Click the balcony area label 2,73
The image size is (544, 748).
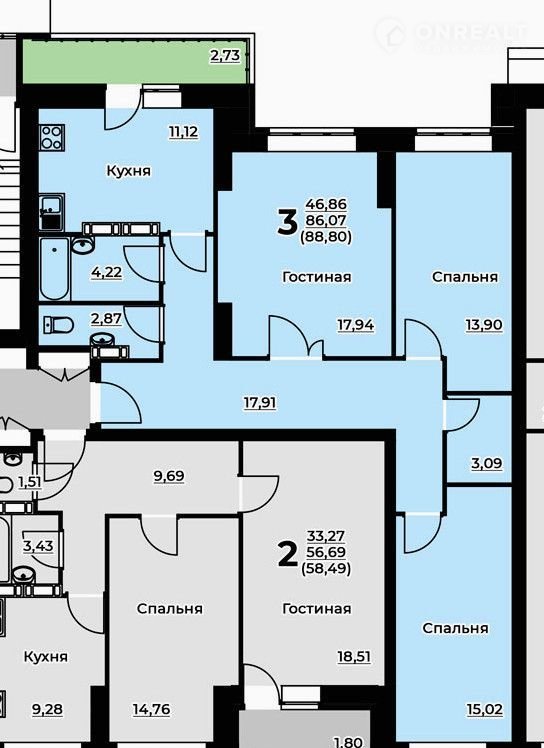point(225,56)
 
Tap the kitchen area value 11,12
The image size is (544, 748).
point(183,132)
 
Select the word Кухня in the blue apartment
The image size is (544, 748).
point(128,171)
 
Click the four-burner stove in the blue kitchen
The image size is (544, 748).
point(51,137)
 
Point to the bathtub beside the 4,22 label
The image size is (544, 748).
point(55,269)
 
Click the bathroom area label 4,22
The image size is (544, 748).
point(107,273)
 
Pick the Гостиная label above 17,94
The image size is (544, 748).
point(317,277)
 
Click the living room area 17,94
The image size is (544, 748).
point(356,326)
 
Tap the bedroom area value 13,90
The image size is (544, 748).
point(484,325)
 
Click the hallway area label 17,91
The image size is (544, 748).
point(260,404)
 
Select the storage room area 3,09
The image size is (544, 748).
point(487,464)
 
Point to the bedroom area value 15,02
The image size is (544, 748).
point(485,710)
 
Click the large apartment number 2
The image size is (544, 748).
point(287,554)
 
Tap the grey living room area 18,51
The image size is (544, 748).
point(354,657)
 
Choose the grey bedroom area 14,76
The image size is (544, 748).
point(151,710)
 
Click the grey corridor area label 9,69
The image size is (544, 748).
point(169,477)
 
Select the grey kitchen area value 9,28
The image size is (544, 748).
point(47,710)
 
